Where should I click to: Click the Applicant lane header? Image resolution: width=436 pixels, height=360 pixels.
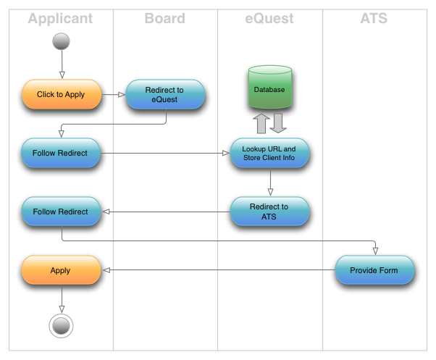click(61, 19)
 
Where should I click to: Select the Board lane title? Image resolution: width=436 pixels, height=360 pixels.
click(164, 19)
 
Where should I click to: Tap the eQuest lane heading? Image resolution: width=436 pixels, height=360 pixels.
click(269, 19)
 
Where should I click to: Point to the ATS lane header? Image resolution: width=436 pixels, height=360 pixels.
click(374, 19)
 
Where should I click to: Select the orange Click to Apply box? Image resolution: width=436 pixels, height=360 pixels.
click(61, 94)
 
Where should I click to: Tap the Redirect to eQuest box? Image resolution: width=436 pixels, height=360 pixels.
click(165, 94)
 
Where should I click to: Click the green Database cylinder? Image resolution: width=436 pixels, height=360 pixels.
click(269, 88)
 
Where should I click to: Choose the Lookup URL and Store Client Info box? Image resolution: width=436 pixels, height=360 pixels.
click(269, 153)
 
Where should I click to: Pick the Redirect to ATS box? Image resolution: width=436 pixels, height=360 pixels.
click(269, 212)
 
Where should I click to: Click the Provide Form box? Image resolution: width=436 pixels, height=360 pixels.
click(374, 270)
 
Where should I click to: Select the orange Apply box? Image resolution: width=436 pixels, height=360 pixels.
click(61, 270)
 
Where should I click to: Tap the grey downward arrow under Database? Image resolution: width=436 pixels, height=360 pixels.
click(279, 123)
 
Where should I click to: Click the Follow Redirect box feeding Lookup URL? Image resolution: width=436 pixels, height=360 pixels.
click(61, 153)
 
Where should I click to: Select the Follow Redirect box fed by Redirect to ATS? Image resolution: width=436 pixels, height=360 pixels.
click(61, 212)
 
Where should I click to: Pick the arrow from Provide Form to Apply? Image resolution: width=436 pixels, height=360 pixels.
click(217, 270)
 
